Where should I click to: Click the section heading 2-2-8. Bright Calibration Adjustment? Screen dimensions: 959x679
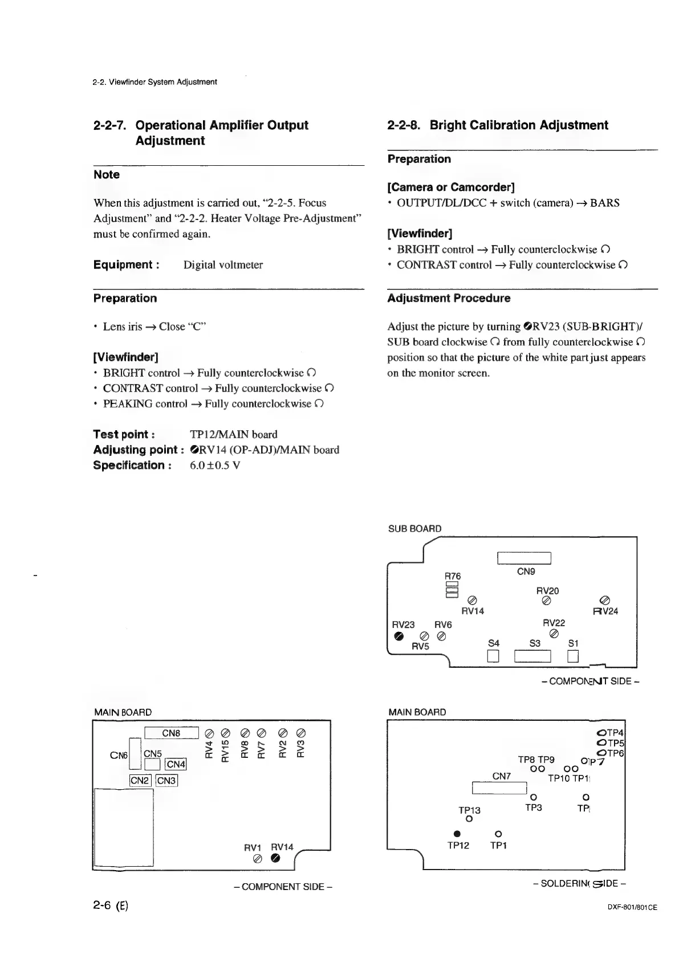[x=497, y=125]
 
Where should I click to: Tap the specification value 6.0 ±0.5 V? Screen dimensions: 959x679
[x=214, y=466]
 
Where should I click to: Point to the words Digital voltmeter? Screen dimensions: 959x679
[x=223, y=265]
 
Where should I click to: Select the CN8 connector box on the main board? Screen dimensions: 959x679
[x=171, y=733]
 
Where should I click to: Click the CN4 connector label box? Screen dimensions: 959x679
[x=176, y=764]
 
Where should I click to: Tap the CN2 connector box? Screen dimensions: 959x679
[x=140, y=781]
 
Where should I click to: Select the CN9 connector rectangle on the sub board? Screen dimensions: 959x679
[x=524, y=558]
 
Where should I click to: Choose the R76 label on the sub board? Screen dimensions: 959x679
[x=453, y=577]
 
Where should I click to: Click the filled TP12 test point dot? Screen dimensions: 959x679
[x=457, y=834]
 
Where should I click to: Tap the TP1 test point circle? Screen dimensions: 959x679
[x=498, y=834]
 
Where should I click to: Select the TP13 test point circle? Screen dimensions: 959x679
[x=469, y=819]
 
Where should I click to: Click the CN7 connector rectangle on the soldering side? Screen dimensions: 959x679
[x=499, y=788]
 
